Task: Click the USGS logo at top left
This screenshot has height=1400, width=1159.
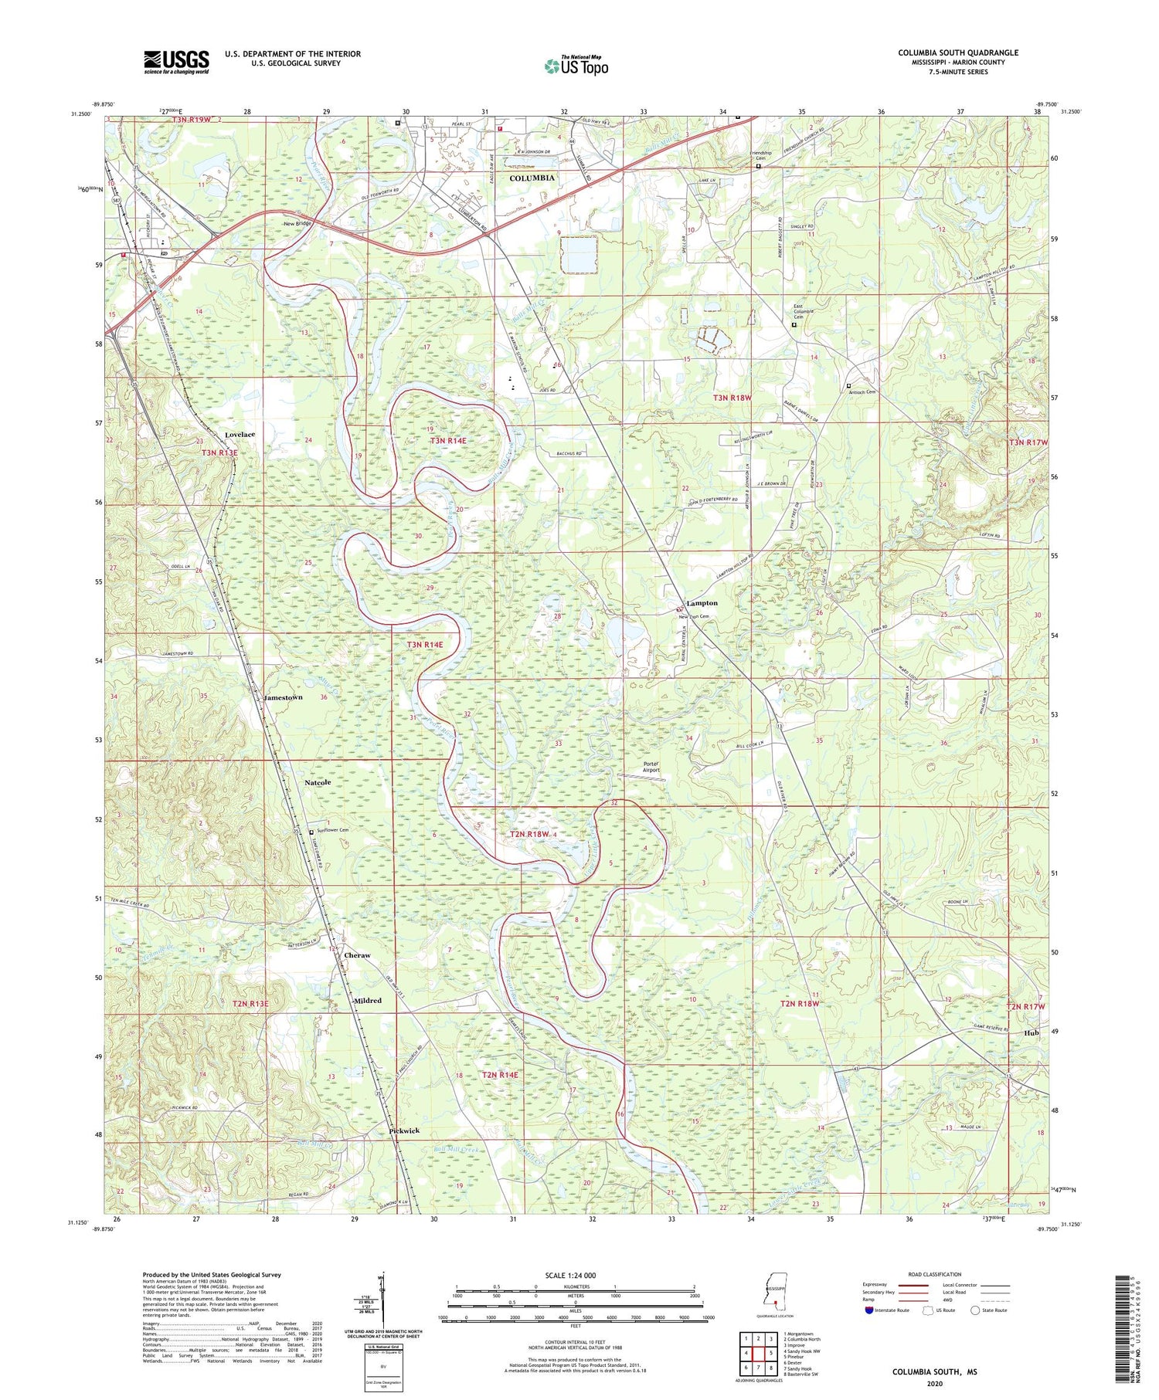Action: (176, 62)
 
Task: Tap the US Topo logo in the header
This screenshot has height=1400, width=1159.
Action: (576, 66)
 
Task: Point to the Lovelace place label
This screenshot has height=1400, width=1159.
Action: (240, 435)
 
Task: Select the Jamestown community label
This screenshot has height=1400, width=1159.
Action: (284, 697)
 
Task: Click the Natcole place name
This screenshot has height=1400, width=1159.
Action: (317, 782)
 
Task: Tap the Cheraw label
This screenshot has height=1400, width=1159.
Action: (357, 955)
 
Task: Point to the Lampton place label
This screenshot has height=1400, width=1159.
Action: (702, 603)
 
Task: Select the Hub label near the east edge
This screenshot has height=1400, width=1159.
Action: (1032, 1033)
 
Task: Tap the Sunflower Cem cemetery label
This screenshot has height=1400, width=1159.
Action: (333, 830)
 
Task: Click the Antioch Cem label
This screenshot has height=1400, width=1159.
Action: (868, 392)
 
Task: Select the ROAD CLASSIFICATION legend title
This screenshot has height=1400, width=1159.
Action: (934, 1274)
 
